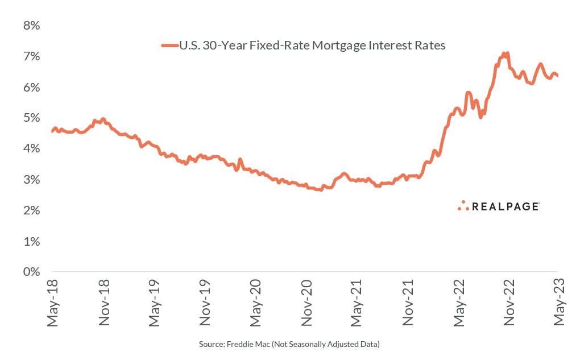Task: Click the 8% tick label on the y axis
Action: point(31,26)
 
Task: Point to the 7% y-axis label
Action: point(31,57)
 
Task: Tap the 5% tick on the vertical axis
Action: point(31,118)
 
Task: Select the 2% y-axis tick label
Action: point(31,210)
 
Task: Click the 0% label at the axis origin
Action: point(31,272)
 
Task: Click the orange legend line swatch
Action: point(169,45)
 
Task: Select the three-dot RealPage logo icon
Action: point(463,206)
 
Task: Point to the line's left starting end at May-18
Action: point(52,131)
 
